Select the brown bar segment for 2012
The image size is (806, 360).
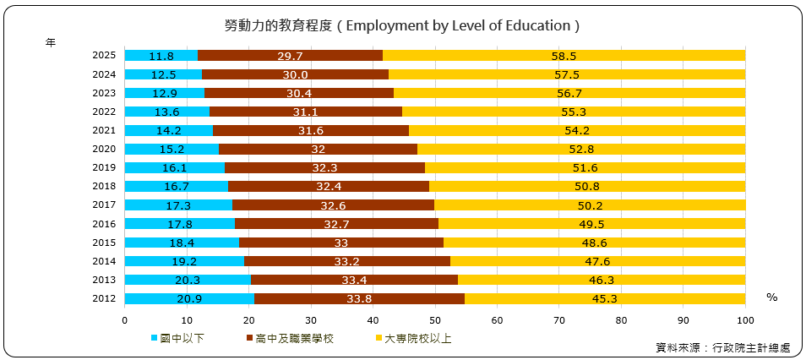[359, 298]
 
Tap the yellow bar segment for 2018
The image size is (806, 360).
[586, 186]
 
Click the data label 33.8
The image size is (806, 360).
[359, 298]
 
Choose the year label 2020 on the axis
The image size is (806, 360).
[104, 149]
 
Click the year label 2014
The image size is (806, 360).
[104, 261]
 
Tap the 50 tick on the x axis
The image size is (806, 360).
[435, 320]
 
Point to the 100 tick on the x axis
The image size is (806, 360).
[745, 320]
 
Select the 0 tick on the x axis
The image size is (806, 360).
[125, 320]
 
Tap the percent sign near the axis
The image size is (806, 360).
[771, 297]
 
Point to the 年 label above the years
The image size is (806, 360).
[51, 41]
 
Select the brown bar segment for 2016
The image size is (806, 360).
[336, 224]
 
